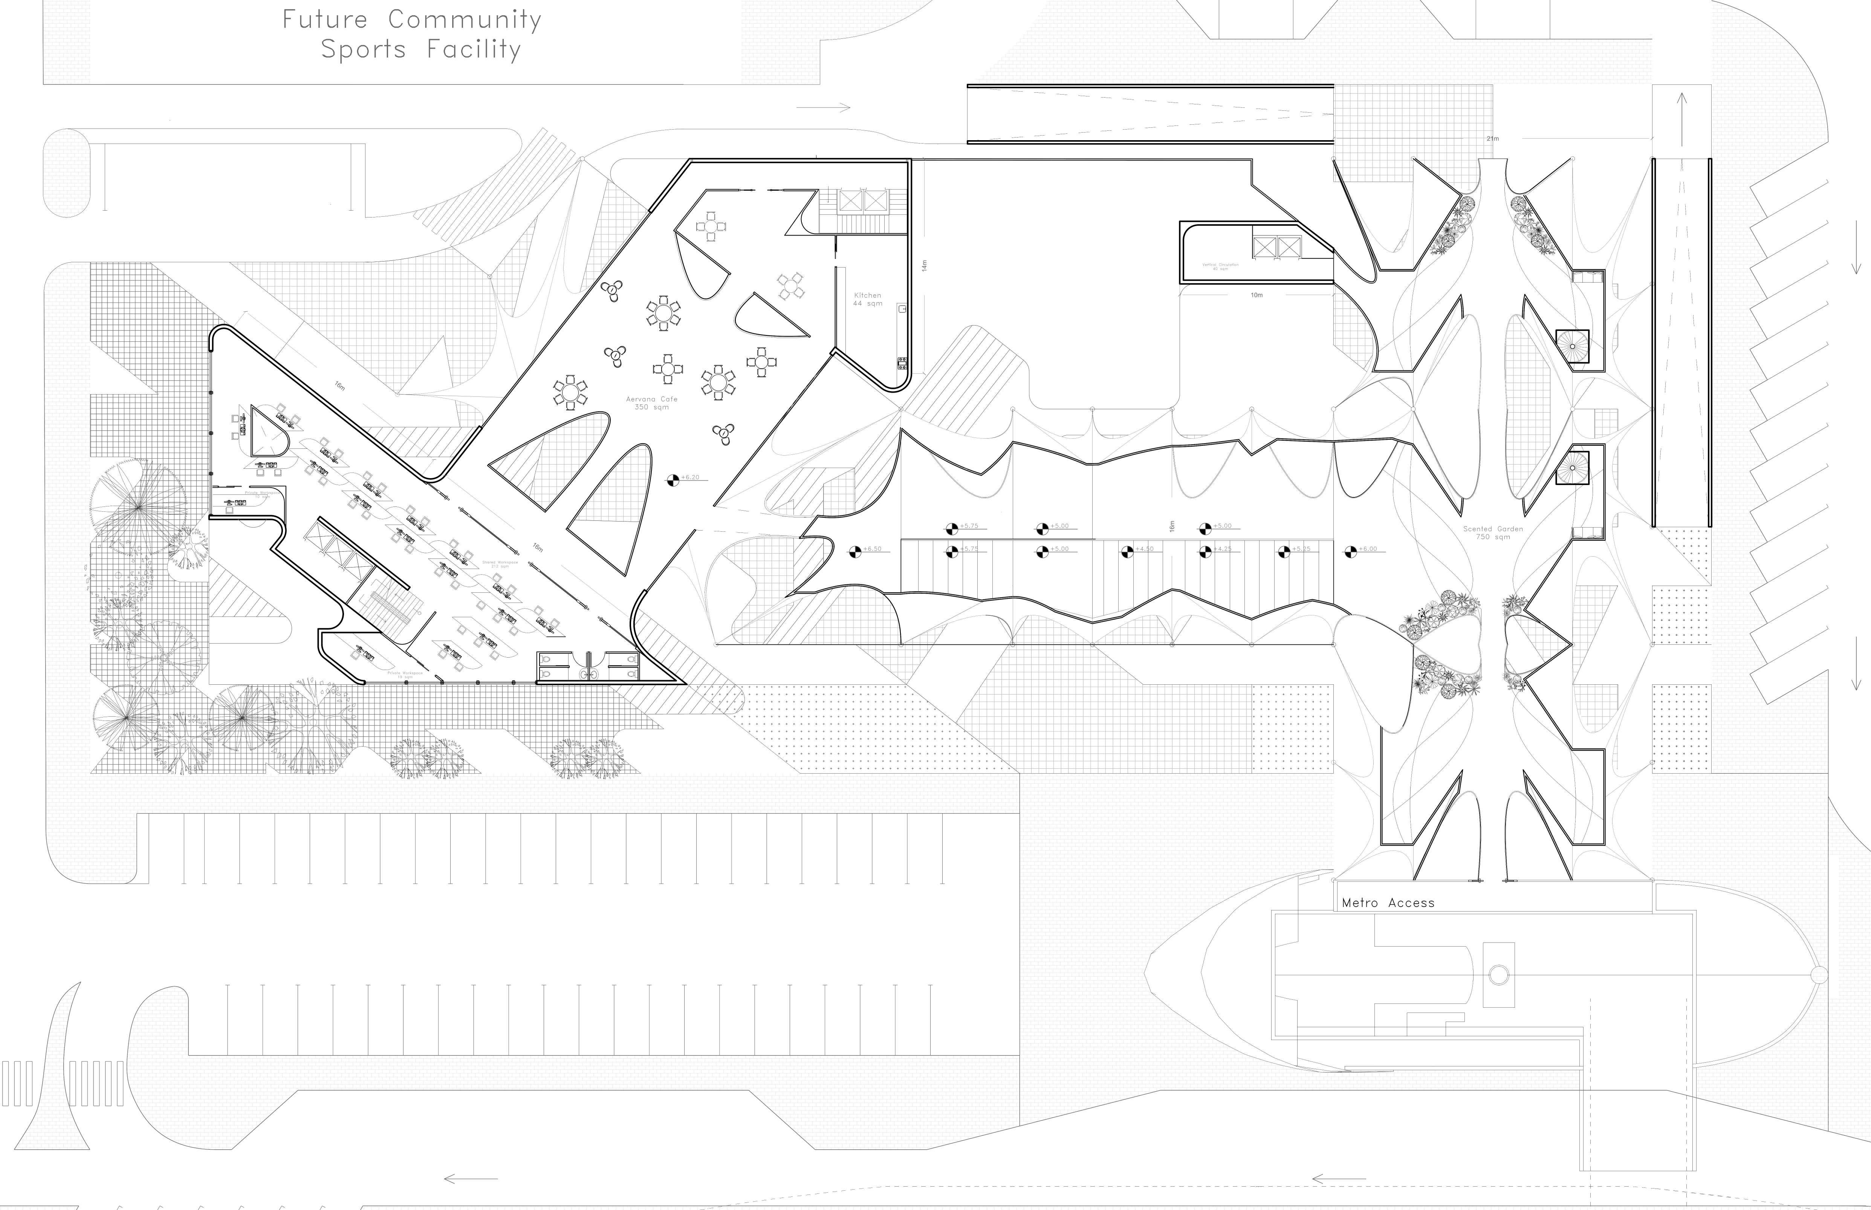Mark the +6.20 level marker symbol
click(673, 479)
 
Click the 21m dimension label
click(1492, 139)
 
